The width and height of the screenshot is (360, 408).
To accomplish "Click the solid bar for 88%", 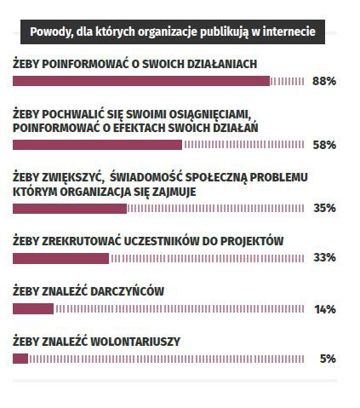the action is pos(141,81).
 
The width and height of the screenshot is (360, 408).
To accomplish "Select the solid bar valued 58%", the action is pos(97,145).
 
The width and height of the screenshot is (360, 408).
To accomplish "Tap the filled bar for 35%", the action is pos(70,209).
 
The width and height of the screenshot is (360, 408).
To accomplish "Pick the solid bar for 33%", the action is pos(60,259).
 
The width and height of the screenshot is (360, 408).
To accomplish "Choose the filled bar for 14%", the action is pos(33,309).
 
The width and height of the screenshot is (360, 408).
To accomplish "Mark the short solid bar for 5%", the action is pos(20,359).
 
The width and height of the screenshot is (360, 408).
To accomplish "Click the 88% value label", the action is pos(324,81).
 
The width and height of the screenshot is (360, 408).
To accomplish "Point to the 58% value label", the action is pos(324,145).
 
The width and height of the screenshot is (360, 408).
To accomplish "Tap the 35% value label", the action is pos(324,208).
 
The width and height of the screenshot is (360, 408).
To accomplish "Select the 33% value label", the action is pos(324,257).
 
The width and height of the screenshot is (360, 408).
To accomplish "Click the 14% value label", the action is pos(325,309).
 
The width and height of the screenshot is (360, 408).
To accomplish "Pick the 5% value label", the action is pos(328,359).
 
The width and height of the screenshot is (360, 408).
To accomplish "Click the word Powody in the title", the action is pos(50,32).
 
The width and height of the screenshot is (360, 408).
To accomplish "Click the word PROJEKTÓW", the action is pos(252,241).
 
